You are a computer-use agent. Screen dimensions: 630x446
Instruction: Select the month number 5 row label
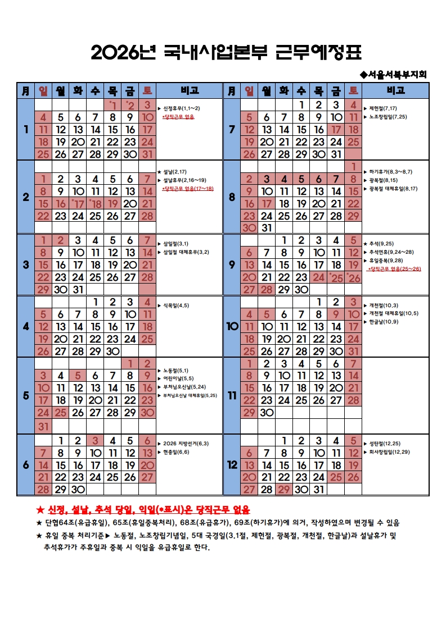(25, 395)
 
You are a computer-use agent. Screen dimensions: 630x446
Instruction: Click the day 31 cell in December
(319, 489)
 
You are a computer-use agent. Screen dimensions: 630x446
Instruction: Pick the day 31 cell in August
(267, 227)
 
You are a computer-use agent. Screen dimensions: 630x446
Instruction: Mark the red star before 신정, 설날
(39, 510)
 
